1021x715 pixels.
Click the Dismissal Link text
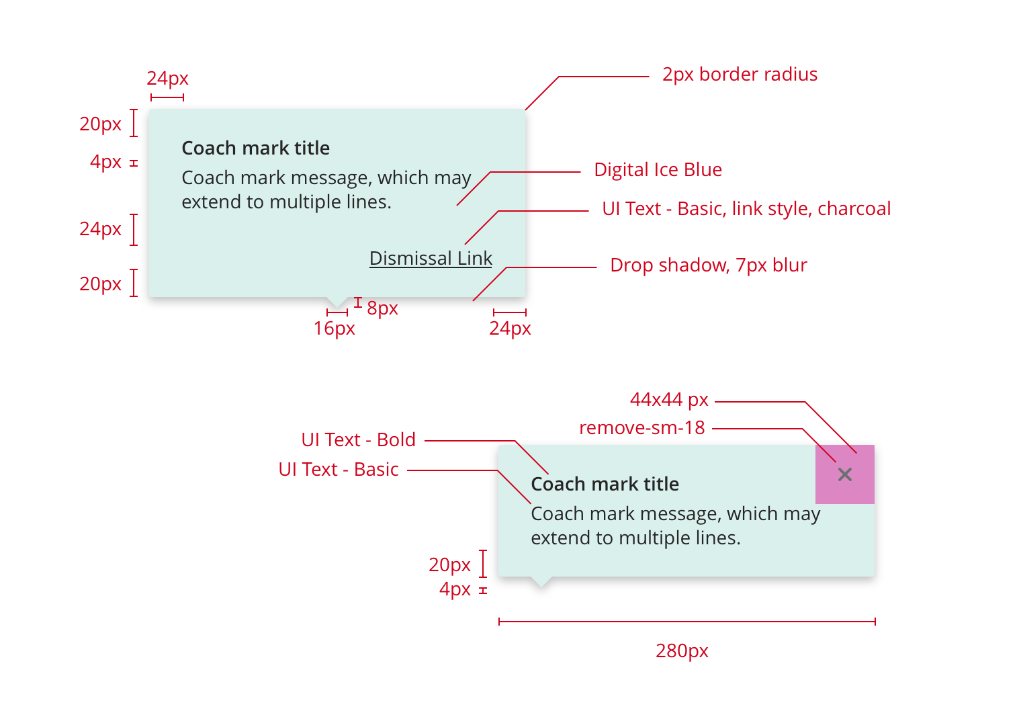[x=431, y=258]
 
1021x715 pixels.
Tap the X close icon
[x=845, y=474]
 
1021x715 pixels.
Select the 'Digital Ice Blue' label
[x=658, y=169]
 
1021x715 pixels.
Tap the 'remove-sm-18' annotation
[x=641, y=427]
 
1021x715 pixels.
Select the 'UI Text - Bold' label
[x=358, y=439]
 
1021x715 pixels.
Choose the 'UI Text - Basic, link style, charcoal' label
[x=746, y=208]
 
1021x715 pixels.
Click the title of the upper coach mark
[x=255, y=148]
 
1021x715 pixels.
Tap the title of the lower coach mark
[x=605, y=484]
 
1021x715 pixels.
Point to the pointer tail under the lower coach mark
[x=541, y=581]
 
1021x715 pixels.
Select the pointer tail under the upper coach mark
[x=337, y=302]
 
